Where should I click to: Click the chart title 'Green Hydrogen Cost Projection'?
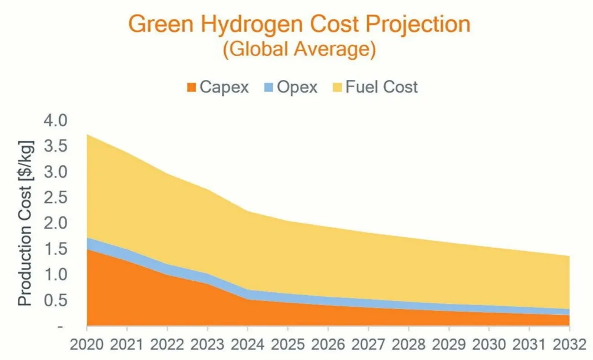[x=299, y=25]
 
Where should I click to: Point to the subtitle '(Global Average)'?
[x=299, y=50]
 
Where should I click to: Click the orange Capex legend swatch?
[x=191, y=87]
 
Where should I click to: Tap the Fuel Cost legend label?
[x=381, y=87]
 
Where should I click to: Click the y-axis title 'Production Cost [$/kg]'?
[x=25, y=222]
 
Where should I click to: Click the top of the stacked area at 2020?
[x=87, y=135]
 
